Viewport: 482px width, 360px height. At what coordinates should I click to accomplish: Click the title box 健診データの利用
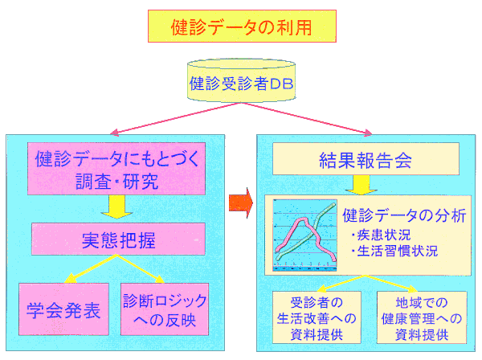coord(241,26)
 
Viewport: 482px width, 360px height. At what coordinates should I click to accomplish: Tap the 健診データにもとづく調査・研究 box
coord(117,169)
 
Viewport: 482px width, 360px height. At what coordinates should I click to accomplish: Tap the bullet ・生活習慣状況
coord(394,252)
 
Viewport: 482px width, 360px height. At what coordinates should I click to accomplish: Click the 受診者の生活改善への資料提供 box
coord(317,317)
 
